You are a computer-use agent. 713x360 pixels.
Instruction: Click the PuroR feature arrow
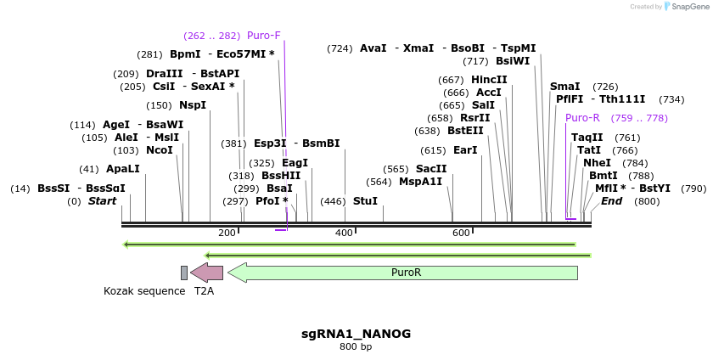(x=404, y=273)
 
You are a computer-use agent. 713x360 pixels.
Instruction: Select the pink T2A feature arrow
(x=207, y=273)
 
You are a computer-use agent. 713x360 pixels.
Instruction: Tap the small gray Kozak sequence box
(x=184, y=273)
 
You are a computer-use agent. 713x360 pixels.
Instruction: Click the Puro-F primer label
(x=263, y=36)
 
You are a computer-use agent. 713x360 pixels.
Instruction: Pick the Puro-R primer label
(x=582, y=118)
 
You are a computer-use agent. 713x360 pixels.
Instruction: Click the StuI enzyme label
(x=365, y=201)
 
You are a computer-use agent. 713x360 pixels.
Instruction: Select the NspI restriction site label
(x=193, y=105)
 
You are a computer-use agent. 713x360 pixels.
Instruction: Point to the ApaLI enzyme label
(x=123, y=169)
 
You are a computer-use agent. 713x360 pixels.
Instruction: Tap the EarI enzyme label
(x=465, y=150)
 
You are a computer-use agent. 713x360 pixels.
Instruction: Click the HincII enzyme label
(x=489, y=80)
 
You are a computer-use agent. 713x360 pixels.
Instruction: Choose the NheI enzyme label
(x=597, y=163)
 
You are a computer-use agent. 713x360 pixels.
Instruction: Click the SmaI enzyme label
(x=564, y=87)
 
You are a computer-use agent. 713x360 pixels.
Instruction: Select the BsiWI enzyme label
(x=513, y=61)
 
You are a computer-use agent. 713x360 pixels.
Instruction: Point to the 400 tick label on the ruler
(x=344, y=233)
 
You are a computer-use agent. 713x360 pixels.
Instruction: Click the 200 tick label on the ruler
(x=227, y=233)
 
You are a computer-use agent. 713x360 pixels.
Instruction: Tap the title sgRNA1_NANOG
(x=356, y=334)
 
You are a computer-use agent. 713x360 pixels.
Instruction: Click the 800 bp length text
(x=356, y=346)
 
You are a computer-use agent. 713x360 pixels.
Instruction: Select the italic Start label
(x=103, y=201)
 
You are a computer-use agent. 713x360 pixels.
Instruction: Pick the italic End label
(x=611, y=201)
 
